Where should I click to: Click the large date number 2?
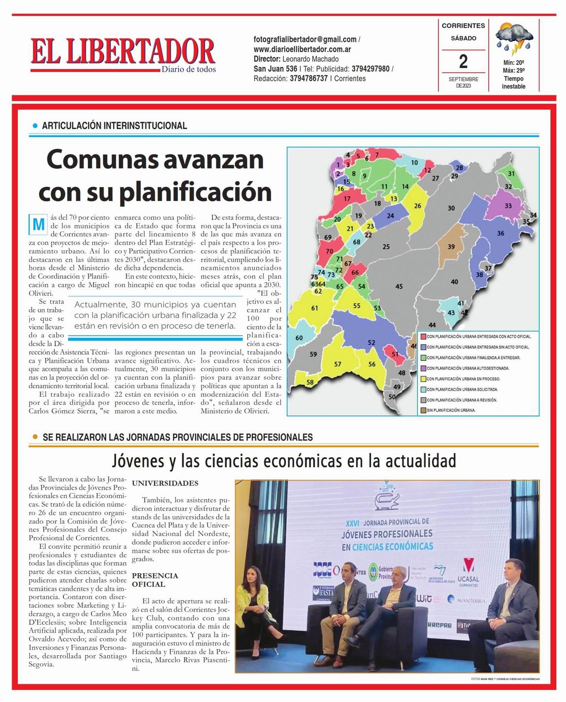[463, 61]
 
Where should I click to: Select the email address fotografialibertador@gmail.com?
[305, 40]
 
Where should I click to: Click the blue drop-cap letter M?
[37, 225]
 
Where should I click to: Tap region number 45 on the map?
[399, 286]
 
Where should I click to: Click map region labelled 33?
[508, 206]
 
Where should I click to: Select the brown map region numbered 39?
[451, 247]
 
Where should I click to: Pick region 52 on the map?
[371, 343]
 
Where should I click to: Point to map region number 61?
[315, 308]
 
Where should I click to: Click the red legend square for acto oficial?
[424, 337]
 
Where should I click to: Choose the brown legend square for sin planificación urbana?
[424, 410]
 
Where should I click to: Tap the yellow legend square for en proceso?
[424, 379]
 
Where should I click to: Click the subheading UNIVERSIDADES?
[165, 483]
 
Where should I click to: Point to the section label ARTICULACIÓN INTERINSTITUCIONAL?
[115, 126]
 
